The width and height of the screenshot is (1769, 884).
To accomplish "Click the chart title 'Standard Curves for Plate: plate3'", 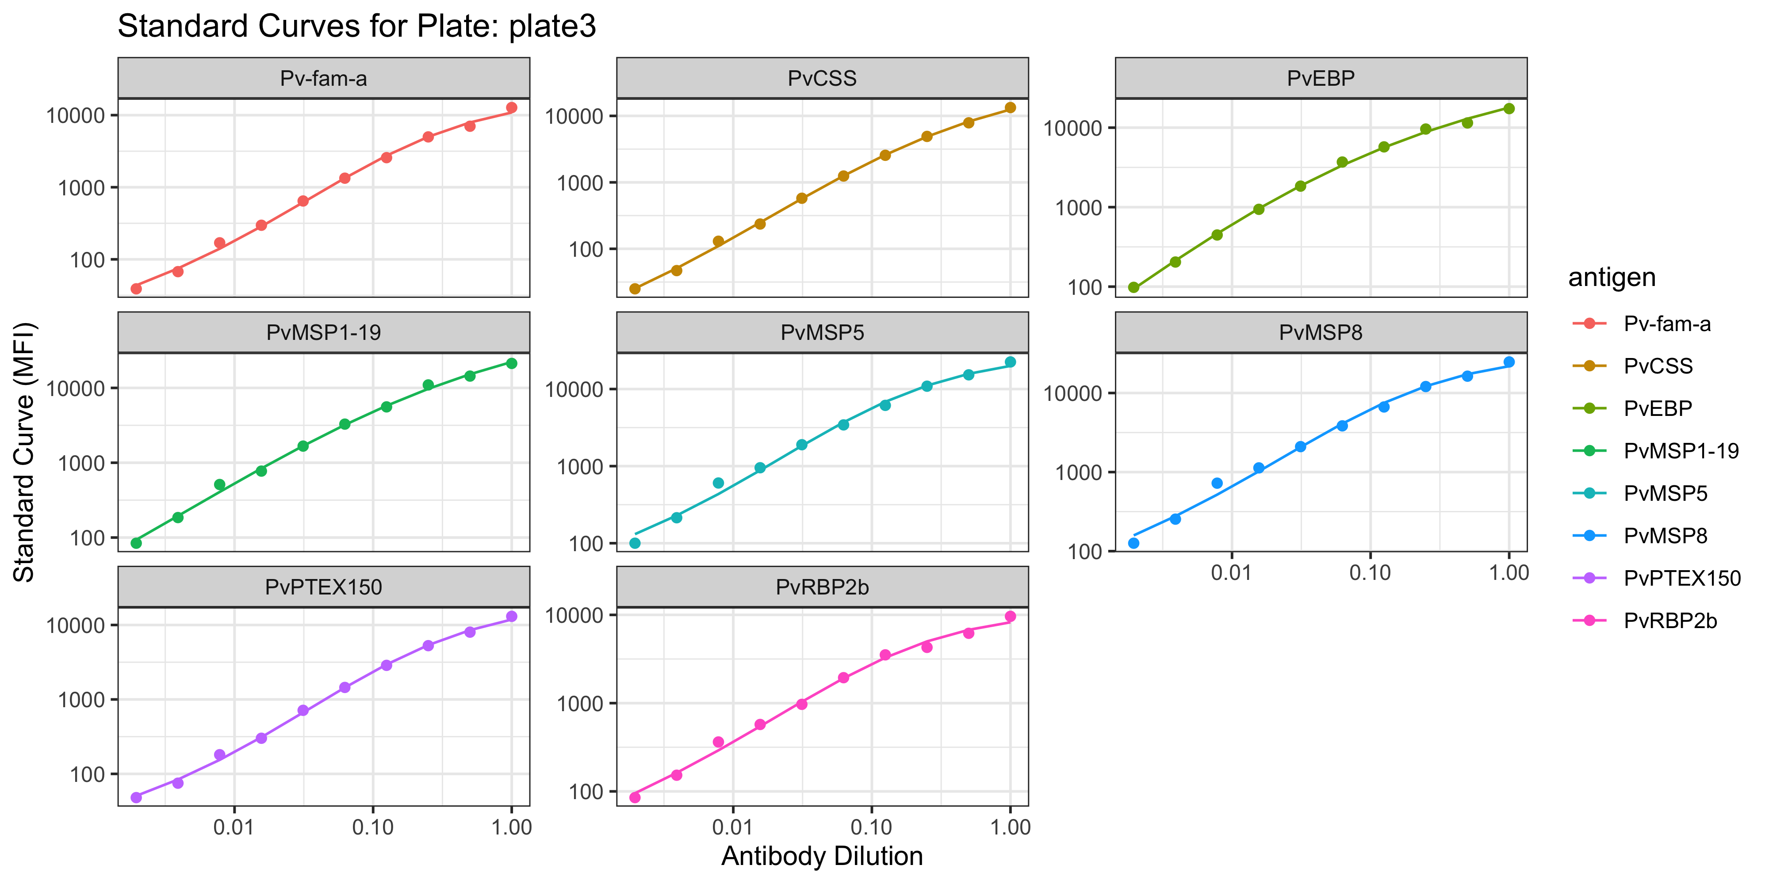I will click(x=356, y=27).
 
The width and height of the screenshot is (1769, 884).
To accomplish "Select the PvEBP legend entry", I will click(x=1658, y=408).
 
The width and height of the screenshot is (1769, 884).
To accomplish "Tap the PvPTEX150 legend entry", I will click(x=1682, y=579).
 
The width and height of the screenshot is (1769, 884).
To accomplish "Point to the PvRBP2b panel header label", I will click(x=822, y=587).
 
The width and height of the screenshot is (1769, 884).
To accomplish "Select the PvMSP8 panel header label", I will click(x=1321, y=333).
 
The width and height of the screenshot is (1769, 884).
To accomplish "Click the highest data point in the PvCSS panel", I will click(x=1010, y=108).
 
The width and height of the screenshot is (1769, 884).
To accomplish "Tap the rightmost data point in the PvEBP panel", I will click(x=1509, y=108).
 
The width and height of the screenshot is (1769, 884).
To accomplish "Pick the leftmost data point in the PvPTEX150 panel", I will click(x=136, y=797).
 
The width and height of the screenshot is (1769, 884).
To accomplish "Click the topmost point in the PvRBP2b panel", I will click(x=1010, y=616).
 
